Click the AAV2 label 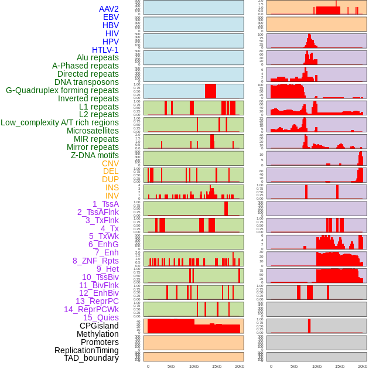(108, 9)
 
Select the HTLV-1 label (105, 50)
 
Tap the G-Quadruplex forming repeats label (62, 90)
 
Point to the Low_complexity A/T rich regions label (60, 122)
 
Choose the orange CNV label (110, 163)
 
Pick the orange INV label (112, 196)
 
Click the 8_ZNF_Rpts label (95, 261)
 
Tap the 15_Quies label (101, 317)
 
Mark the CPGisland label (99, 326)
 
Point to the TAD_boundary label (91, 358)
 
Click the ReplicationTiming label (86, 350)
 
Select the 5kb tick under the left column (171, 366)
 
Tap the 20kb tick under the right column (363, 366)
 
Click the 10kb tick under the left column (194, 366)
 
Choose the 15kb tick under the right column (340, 366)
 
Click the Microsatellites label (93, 131)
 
